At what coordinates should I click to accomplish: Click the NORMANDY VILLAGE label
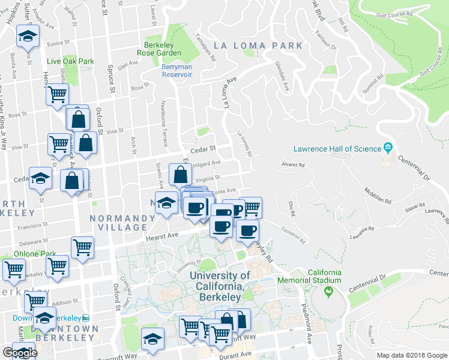click(119, 223)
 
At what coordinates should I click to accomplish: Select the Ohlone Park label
click(35, 253)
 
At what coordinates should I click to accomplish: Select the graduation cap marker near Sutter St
click(27, 37)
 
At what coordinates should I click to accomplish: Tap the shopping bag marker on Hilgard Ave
click(180, 175)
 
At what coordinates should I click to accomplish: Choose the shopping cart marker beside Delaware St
click(82, 247)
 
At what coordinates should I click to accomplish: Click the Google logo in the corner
click(19, 353)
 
